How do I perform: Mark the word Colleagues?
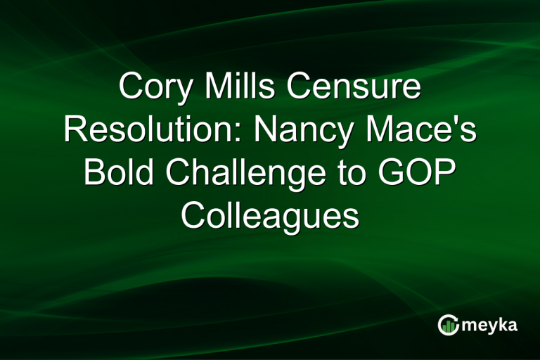(x=270, y=215)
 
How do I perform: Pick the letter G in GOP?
(x=392, y=173)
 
